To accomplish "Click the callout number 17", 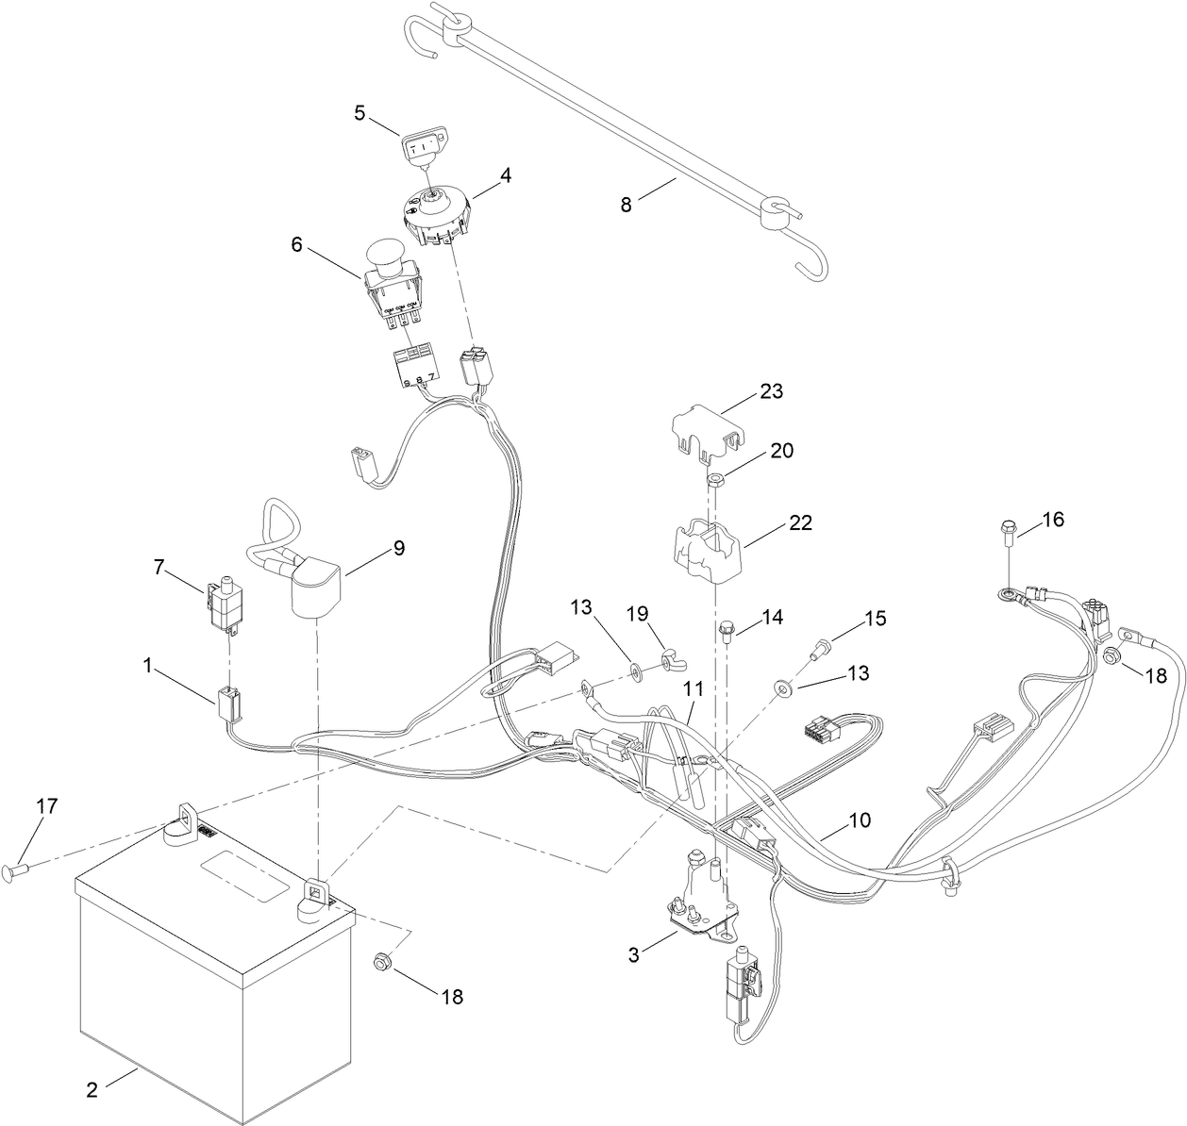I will coord(46,806).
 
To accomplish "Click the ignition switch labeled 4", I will coord(440,214).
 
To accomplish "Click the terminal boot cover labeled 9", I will coord(315,582).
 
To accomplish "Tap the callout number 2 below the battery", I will coord(92,1090).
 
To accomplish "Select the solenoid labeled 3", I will coord(703,906).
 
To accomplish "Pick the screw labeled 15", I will coord(821,648).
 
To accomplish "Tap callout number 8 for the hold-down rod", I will coord(627,204).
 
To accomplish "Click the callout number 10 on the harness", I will coord(859,820).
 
